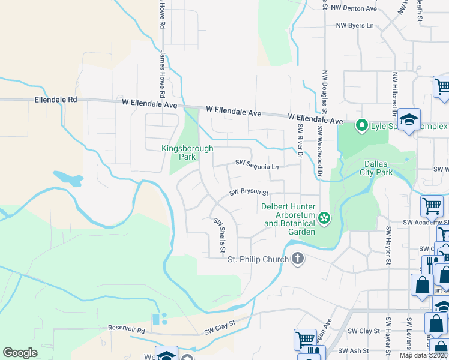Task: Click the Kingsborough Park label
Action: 178,152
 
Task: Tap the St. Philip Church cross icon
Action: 297,259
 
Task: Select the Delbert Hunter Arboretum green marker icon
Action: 324,218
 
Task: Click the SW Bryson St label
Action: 249,193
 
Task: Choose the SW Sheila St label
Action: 220,235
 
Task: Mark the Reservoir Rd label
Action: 127,329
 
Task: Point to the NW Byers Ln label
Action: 354,26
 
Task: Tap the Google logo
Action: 20,353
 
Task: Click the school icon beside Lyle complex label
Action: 409,119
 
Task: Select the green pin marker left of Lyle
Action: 361,126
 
